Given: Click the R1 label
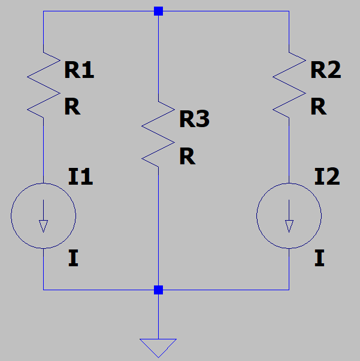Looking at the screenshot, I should coord(79,70).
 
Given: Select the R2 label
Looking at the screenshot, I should coord(325,70).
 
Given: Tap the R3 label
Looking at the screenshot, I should coord(194,120).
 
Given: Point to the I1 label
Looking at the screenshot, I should coord(80,177).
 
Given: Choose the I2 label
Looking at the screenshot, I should coord(326,177).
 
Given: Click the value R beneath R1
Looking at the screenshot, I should coord(72,107).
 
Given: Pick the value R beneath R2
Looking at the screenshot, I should coord(318,107).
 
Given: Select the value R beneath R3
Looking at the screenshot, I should coord(187,157).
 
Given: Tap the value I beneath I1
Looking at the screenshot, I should coord(73,259).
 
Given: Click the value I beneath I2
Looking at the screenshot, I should coord(319,259).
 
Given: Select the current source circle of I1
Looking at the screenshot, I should coord(44,216).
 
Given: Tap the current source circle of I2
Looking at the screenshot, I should coord(289,216).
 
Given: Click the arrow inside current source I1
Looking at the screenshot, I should coord(44,222).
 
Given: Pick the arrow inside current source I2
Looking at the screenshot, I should coord(289,222).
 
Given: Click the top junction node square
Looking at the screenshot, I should coord(158,11).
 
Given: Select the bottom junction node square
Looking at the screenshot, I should coord(158,290).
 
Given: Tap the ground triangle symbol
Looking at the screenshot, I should coord(158,346).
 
